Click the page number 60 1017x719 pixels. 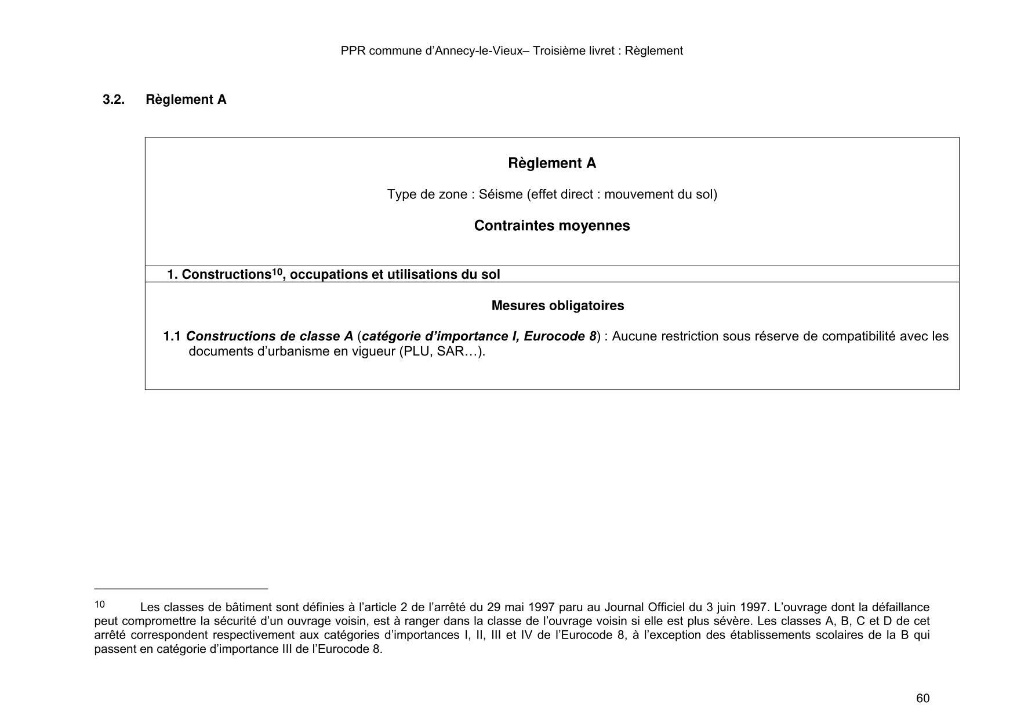click(922, 698)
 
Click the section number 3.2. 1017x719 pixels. click(114, 100)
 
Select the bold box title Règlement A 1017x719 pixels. click(551, 164)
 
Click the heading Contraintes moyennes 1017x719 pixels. click(551, 226)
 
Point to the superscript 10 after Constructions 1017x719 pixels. click(277, 271)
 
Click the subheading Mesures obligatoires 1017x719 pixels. click(557, 306)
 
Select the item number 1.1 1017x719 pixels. click(172, 336)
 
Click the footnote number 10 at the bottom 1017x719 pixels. click(100, 605)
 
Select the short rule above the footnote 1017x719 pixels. click(181, 589)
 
